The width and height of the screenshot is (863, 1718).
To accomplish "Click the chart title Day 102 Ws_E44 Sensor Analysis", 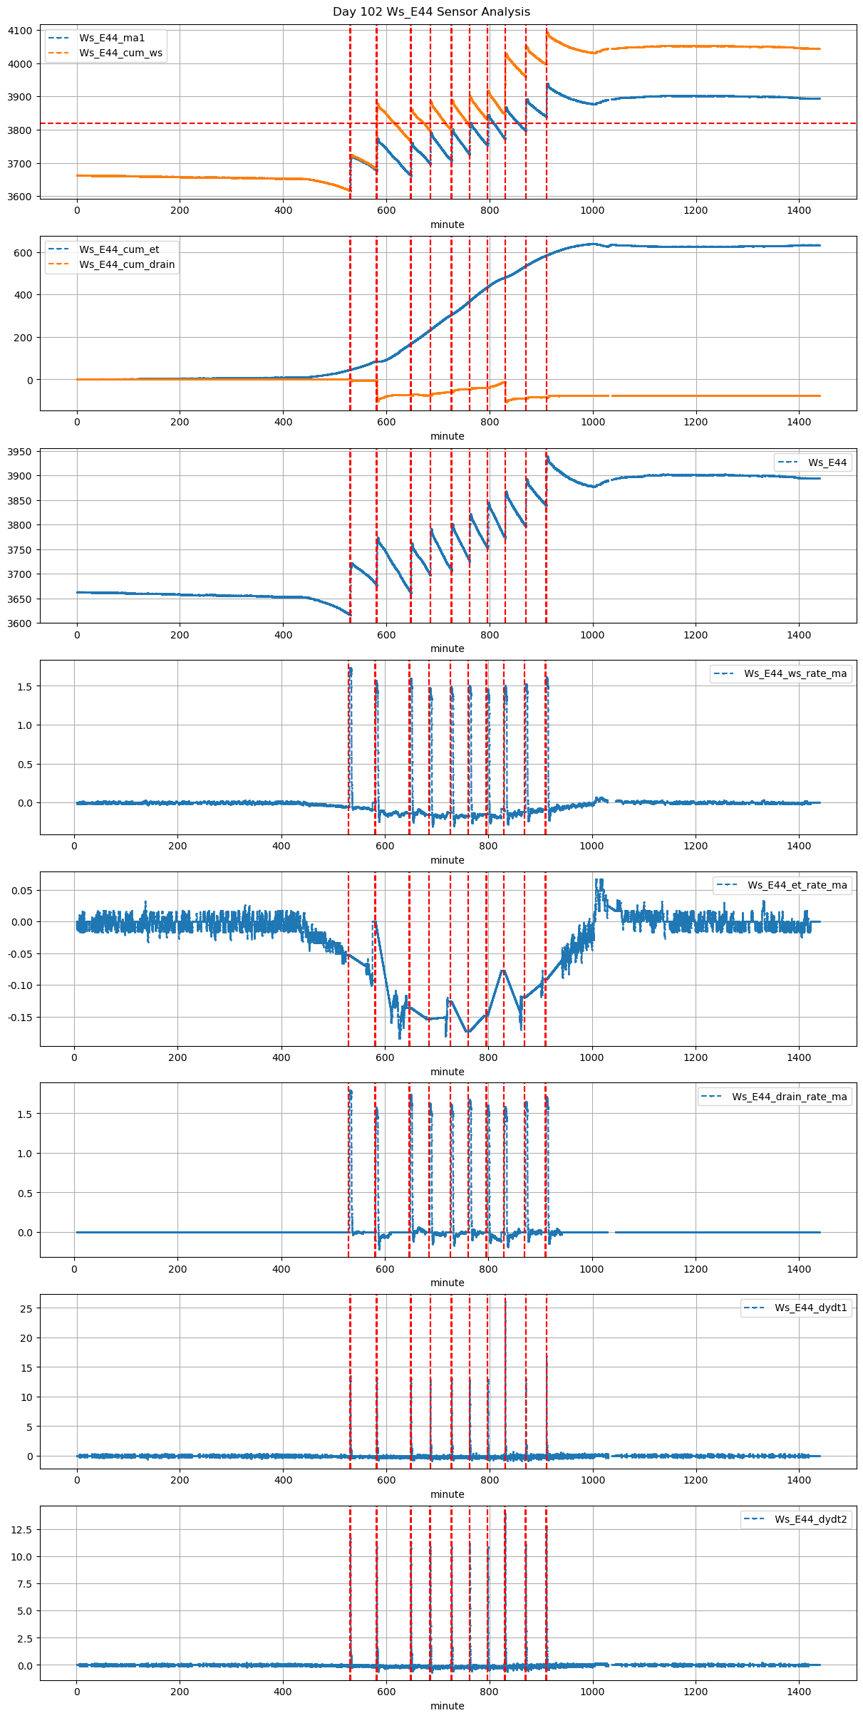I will (x=431, y=11).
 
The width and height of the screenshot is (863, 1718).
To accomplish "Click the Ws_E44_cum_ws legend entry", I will (x=120, y=53).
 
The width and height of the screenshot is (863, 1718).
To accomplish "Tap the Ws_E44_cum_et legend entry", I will (x=119, y=249).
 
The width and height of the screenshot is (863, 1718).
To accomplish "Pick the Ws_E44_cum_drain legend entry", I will (x=127, y=264).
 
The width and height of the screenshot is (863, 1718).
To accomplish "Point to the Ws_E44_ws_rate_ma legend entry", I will (x=795, y=673).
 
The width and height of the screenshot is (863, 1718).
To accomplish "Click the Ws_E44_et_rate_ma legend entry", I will (x=797, y=885).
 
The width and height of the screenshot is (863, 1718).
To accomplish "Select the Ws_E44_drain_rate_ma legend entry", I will (x=789, y=1097).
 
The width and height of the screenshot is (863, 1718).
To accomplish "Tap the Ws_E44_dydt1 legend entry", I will (x=810, y=1308).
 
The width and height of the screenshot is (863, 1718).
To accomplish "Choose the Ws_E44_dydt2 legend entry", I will (x=810, y=1519).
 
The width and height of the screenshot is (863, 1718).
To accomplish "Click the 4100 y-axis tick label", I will (x=20, y=31).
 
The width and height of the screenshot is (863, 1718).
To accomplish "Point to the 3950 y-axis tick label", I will (x=20, y=452).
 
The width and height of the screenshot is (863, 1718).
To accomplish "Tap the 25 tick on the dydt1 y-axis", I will (x=26, y=1308).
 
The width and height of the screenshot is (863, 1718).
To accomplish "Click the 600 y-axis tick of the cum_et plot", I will (x=24, y=253).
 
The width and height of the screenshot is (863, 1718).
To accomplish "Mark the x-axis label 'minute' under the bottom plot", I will (x=447, y=1706).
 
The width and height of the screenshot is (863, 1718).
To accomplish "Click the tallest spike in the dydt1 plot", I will (x=505, y=1301).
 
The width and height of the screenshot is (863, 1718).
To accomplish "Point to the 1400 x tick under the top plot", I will (x=799, y=210).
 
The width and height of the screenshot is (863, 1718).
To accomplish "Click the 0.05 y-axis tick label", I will (x=21, y=890).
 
